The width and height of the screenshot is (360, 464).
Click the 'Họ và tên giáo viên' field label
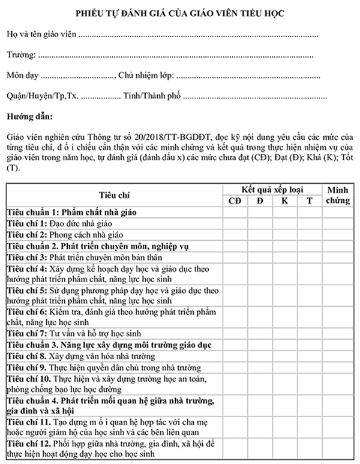[x=42, y=35]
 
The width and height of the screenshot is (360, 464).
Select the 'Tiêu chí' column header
[x=114, y=194]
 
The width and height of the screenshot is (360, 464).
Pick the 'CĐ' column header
[x=235, y=200]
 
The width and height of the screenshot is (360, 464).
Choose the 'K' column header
[x=284, y=200]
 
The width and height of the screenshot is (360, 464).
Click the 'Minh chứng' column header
[x=337, y=194]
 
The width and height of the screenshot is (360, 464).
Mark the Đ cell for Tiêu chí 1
[x=260, y=223]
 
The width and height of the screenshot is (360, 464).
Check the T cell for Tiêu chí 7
[x=309, y=333]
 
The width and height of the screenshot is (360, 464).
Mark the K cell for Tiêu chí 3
[x=284, y=256]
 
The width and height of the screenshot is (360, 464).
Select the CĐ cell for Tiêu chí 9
[x=235, y=367]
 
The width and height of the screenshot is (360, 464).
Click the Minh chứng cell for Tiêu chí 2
[x=337, y=234]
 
